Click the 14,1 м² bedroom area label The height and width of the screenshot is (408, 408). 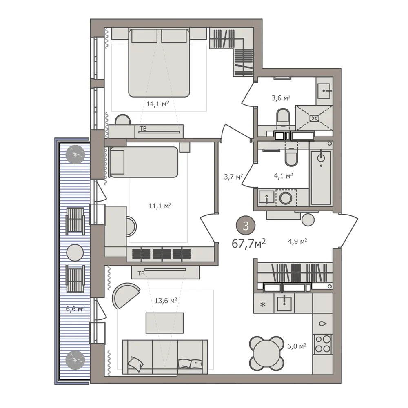point(157,104)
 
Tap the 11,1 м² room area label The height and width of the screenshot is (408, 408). point(160,206)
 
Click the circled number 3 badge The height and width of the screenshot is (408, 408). point(246,226)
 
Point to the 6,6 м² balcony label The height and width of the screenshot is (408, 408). point(75,309)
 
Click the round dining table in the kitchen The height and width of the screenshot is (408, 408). point(266,353)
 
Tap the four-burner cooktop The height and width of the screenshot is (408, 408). point(323,344)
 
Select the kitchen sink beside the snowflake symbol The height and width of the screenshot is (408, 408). point(284,303)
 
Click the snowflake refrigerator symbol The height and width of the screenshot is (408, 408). point(263,304)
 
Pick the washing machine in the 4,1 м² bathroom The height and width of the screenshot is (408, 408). point(286,198)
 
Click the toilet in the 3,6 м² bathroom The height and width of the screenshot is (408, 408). point(283,117)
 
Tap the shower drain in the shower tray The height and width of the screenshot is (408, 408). point(314,118)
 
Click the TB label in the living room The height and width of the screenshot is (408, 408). point(141,273)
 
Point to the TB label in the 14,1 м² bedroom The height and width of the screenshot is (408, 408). point(143,129)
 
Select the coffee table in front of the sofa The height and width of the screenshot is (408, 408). point(165,323)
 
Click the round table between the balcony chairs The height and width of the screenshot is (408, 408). point(75,253)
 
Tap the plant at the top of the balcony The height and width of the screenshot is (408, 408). point(75,155)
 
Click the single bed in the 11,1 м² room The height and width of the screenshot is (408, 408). point(144,162)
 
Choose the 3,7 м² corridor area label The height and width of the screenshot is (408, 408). point(233,177)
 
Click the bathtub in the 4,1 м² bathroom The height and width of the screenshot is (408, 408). point(321,177)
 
